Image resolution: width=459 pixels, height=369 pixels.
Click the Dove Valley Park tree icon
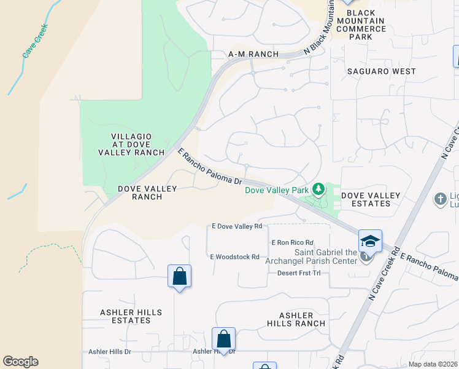click(x=318, y=189)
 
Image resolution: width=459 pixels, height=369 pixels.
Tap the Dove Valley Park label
click(x=277, y=191)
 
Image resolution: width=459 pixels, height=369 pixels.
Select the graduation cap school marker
click(x=371, y=240)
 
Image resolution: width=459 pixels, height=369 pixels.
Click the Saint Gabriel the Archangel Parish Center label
click(x=326, y=257)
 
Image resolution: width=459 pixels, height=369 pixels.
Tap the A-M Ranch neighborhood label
click(x=253, y=54)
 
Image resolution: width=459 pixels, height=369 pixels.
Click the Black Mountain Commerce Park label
click(x=365, y=25)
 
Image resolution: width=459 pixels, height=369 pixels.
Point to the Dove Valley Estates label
click(x=371, y=200)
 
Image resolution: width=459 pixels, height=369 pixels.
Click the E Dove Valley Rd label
click(x=237, y=227)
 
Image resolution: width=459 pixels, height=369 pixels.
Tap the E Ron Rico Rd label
click(x=293, y=243)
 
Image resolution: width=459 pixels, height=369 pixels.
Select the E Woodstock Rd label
click(x=235, y=257)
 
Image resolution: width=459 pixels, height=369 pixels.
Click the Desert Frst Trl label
click(x=299, y=273)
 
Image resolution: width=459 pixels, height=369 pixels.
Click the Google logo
click(x=21, y=362)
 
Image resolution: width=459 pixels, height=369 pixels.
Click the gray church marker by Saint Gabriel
click(x=366, y=256)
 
